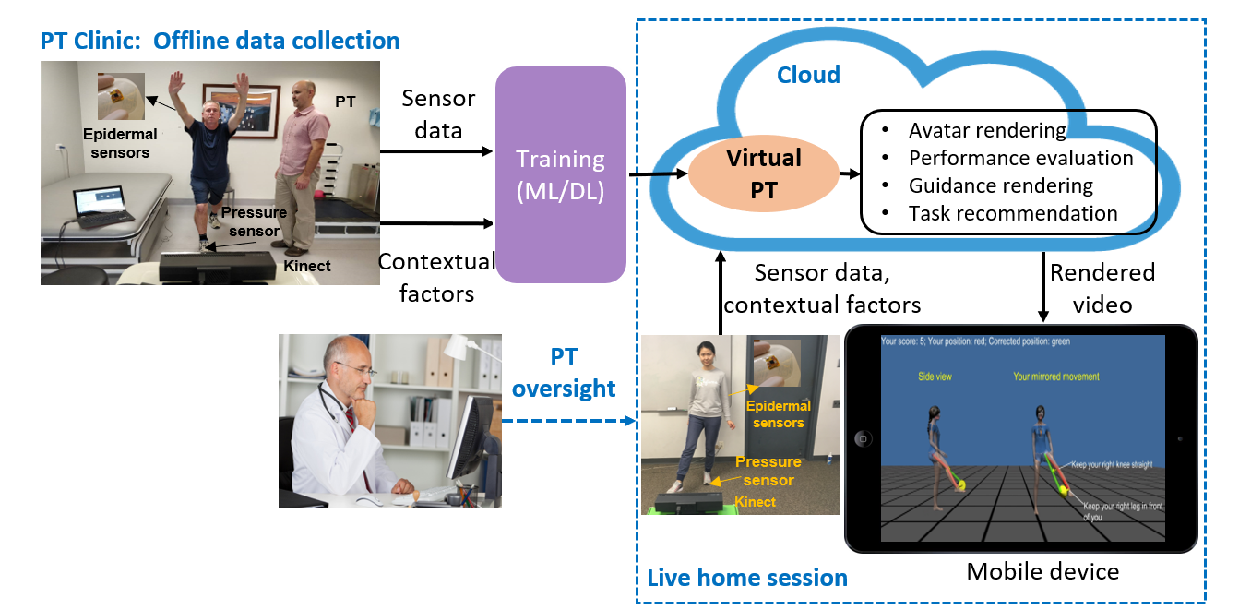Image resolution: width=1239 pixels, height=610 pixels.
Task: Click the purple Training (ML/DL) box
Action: coord(560,174)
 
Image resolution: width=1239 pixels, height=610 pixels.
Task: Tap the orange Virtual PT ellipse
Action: coord(763,173)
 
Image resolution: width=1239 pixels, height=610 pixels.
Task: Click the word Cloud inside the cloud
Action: coord(808,75)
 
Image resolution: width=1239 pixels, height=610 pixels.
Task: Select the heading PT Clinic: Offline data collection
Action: coord(220,41)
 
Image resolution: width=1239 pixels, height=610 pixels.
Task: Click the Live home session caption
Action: coord(747,579)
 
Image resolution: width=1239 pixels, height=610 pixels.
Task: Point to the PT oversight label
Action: coord(564,373)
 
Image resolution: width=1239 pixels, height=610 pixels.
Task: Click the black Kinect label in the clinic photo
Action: coord(307,266)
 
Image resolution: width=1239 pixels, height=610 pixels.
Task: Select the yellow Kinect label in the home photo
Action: coord(755,502)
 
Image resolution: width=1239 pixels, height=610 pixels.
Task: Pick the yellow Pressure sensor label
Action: coord(768,471)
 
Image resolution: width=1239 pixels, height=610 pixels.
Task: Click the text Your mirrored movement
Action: coord(1056,377)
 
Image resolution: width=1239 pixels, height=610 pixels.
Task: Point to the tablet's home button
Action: coord(863,438)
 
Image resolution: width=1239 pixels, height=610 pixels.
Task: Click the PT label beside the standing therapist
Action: coord(345,102)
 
